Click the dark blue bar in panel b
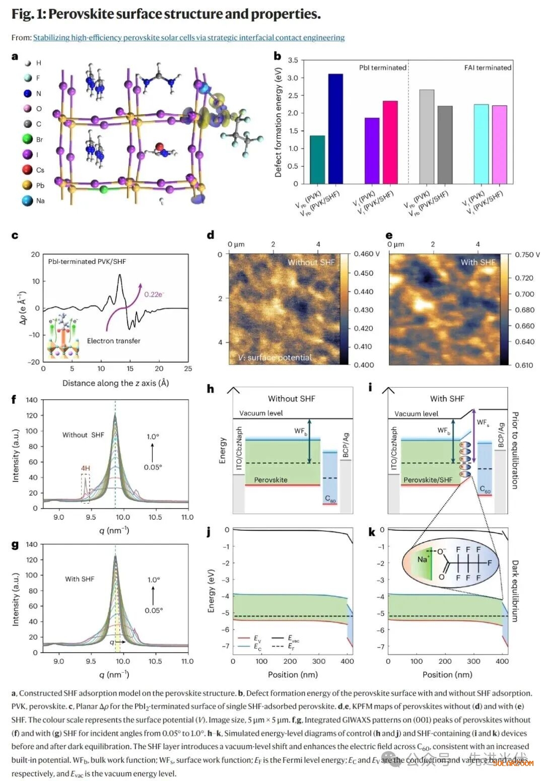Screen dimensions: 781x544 [335, 128]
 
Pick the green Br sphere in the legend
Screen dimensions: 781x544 [28, 139]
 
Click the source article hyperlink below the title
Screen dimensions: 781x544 [189, 38]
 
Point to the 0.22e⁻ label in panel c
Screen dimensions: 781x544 [154, 295]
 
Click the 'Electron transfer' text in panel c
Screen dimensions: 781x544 [113, 341]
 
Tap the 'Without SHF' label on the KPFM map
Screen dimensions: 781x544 [311, 262]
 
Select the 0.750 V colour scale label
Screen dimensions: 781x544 [527, 255]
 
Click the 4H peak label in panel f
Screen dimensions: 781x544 [86, 468]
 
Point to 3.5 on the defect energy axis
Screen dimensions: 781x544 [293, 60]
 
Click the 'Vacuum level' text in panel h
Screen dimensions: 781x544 [261, 413]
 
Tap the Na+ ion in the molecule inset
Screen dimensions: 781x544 [423, 559]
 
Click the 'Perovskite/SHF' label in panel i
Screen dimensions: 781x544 [428, 480]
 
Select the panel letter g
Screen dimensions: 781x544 [15, 545]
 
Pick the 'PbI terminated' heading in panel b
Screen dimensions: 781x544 [382, 67]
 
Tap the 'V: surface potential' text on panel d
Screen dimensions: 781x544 [275, 358]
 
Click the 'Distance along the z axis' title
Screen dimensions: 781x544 [115, 383]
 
